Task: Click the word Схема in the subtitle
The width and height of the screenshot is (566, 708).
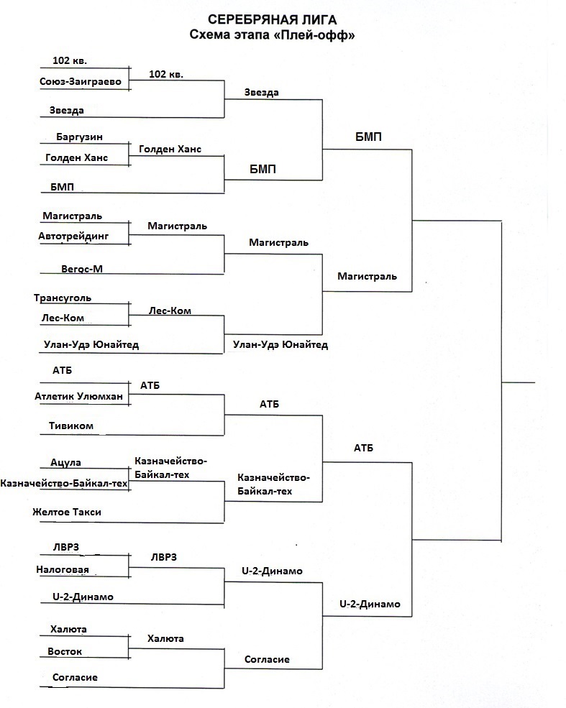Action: pos(208,35)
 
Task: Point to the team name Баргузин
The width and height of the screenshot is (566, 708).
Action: pos(78,136)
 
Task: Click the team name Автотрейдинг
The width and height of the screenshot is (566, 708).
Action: pos(74,235)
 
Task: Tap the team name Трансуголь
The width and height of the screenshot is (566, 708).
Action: pos(63,298)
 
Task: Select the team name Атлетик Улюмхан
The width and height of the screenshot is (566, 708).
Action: pos(78,397)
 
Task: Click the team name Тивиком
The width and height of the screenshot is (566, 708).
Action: pos(72,426)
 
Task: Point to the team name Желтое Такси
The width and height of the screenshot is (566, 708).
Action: pos(67,512)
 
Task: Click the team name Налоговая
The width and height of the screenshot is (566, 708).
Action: pos(63,570)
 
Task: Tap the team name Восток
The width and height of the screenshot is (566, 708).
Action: pos(65,651)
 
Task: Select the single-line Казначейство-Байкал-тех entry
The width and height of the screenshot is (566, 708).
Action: pos(64,484)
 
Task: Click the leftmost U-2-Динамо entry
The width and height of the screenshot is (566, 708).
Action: pos(83,597)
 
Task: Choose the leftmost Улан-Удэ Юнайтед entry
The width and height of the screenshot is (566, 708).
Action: pos(91,345)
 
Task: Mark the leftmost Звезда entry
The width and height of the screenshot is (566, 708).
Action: pos(67,110)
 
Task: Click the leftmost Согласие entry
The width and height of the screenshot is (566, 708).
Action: pos(75,677)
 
